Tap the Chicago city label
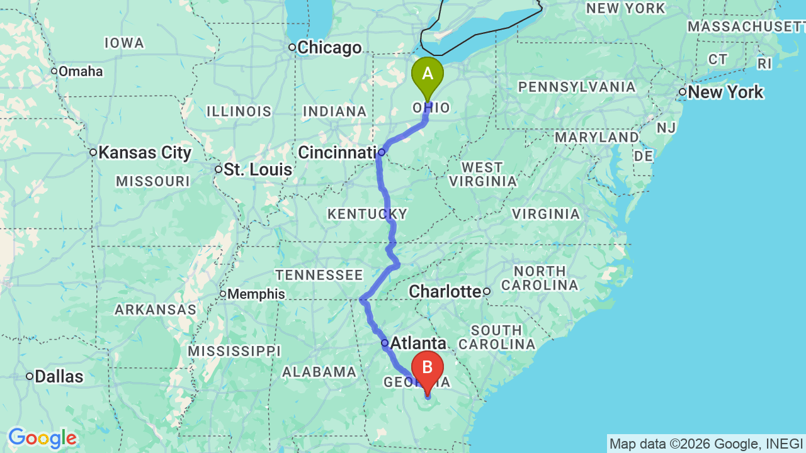pyautogui.click(x=329, y=48)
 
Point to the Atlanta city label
pyautogui.click(x=418, y=343)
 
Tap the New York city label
pyautogui.click(x=725, y=92)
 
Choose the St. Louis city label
pyautogui.click(x=258, y=169)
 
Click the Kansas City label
pyautogui.click(x=145, y=152)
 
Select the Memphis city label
pyautogui.click(x=256, y=294)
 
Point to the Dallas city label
pyautogui.click(x=59, y=376)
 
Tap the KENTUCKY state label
pyautogui.click(x=367, y=214)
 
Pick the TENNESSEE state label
pyautogui.click(x=319, y=275)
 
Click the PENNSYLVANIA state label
pyautogui.click(x=577, y=87)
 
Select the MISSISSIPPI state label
pyautogui.click(x=234, y=350)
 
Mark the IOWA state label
pyautogui.click(x=124, y=43)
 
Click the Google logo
pyautogui.click(x=42, y=438)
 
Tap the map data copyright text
pyautogui.click(x=706, y=444)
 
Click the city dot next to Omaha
pyautogui.click(x=54, y=71)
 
